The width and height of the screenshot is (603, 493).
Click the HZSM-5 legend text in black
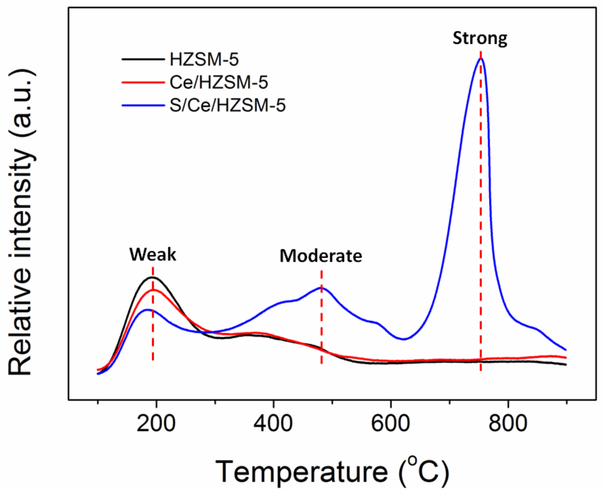[204, 60]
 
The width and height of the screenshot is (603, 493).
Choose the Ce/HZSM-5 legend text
[219, 83]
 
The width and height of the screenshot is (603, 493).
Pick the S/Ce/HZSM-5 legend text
[228, 105]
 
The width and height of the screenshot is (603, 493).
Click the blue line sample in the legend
[143, 105]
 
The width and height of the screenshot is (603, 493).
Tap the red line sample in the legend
[143, 82]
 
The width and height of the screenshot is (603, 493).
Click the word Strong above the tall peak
[480, 38]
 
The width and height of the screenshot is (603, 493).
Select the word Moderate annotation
[321, 256]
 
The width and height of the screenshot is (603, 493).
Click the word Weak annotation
[153, 254]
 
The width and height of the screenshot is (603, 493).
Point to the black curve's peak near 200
[152, 277]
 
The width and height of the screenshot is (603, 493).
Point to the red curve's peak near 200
[153, 290]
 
